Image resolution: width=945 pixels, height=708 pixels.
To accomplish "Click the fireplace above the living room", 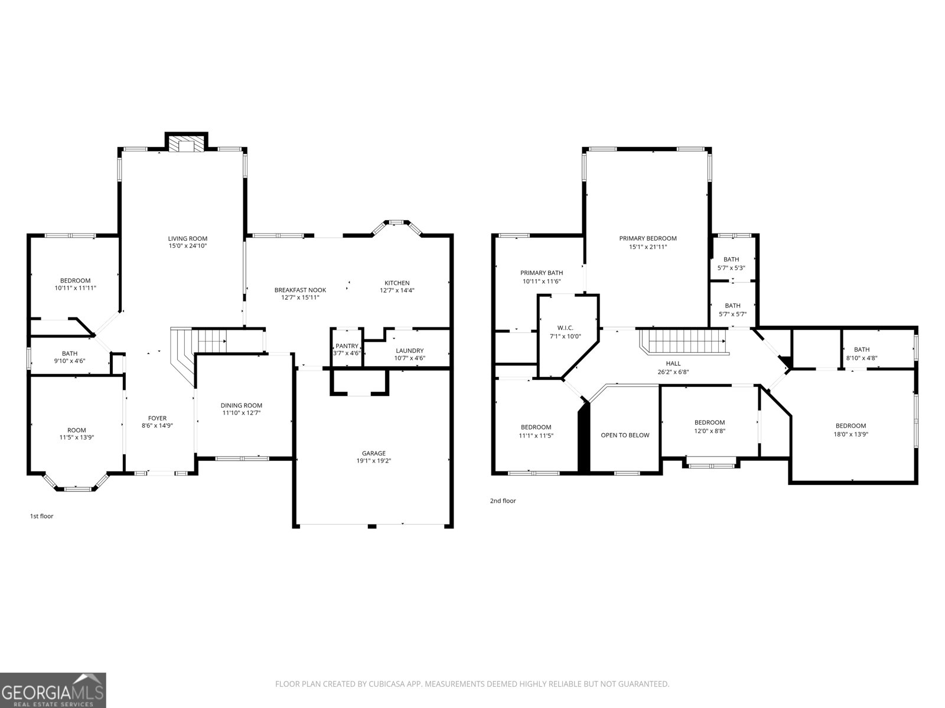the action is tap(187, 142).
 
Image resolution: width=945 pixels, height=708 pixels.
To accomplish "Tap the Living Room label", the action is tap(188, 238).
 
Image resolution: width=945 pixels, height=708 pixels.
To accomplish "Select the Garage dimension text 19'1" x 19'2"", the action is tap(374, 460).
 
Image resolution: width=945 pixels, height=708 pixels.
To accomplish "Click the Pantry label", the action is tap(347, 346).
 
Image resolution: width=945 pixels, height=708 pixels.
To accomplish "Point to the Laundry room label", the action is tap(410, 351).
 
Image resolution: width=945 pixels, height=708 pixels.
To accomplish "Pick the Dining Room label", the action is tap(241, 405).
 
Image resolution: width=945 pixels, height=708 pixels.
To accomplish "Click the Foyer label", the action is tap(157, 418).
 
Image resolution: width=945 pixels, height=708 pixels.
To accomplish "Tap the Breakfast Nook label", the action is tap(300, 290).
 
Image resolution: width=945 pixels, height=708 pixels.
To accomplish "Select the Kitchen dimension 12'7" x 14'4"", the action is tap(397, 290).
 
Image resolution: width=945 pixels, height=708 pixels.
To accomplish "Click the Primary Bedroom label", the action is tap(648, 238).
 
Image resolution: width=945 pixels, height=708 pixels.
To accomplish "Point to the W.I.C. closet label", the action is tap(565, 328).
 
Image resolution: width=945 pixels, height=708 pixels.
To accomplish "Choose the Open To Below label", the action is tap(625, 435).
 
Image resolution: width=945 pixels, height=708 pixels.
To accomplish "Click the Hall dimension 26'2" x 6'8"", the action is tap(673, 372).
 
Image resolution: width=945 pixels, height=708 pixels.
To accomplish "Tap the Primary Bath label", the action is tap(542, 273).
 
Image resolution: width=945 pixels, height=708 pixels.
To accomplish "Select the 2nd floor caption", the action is tap(503, 500).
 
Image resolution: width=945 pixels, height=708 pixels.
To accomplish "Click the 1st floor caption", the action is tap(41, 516).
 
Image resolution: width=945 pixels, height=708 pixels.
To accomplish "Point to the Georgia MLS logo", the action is tap(53, 690).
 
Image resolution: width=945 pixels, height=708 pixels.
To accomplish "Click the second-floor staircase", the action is tap(684, 342).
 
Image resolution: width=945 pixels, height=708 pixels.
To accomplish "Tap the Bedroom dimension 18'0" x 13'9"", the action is tap(850, 434).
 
